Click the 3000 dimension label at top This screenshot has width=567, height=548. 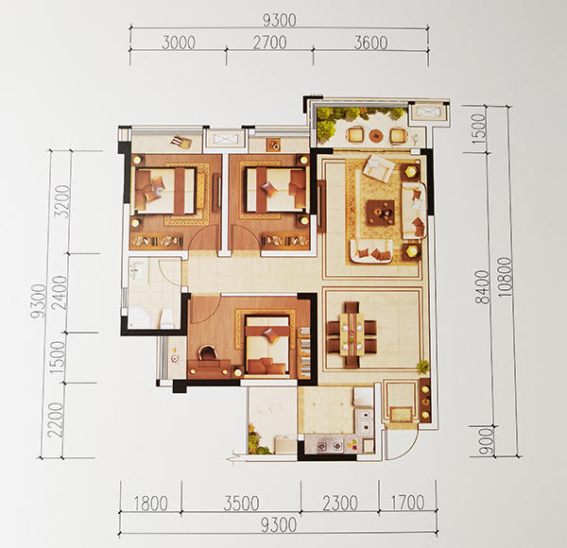[179, 43]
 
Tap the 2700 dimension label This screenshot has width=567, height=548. [269, 43]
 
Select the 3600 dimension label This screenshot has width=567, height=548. [370, 43]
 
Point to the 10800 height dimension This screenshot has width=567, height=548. [506, 277]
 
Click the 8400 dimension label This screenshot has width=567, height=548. [482, 286]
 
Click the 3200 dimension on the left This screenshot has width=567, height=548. [61, 201]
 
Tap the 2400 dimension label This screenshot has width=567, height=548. [60, 293]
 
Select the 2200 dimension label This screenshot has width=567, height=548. [56, 420]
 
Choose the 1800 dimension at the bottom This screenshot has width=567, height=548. [151, 503]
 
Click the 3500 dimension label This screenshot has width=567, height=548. [242, 503]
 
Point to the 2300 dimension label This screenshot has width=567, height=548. [340, 503]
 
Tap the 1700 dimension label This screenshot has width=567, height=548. [407, 502]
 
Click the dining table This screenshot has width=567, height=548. [352, 334]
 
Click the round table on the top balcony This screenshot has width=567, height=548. [376, 135]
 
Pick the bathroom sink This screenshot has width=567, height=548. [137, 269]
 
